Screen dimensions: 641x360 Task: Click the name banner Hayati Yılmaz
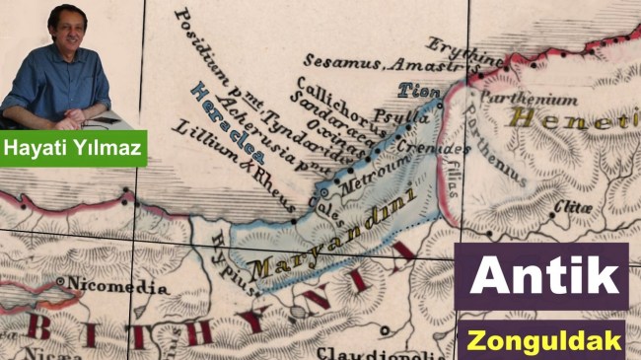(x=73, y=151)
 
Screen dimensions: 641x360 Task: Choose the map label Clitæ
(x=573, y=207)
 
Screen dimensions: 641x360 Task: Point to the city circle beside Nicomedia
(x=62, y=283)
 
